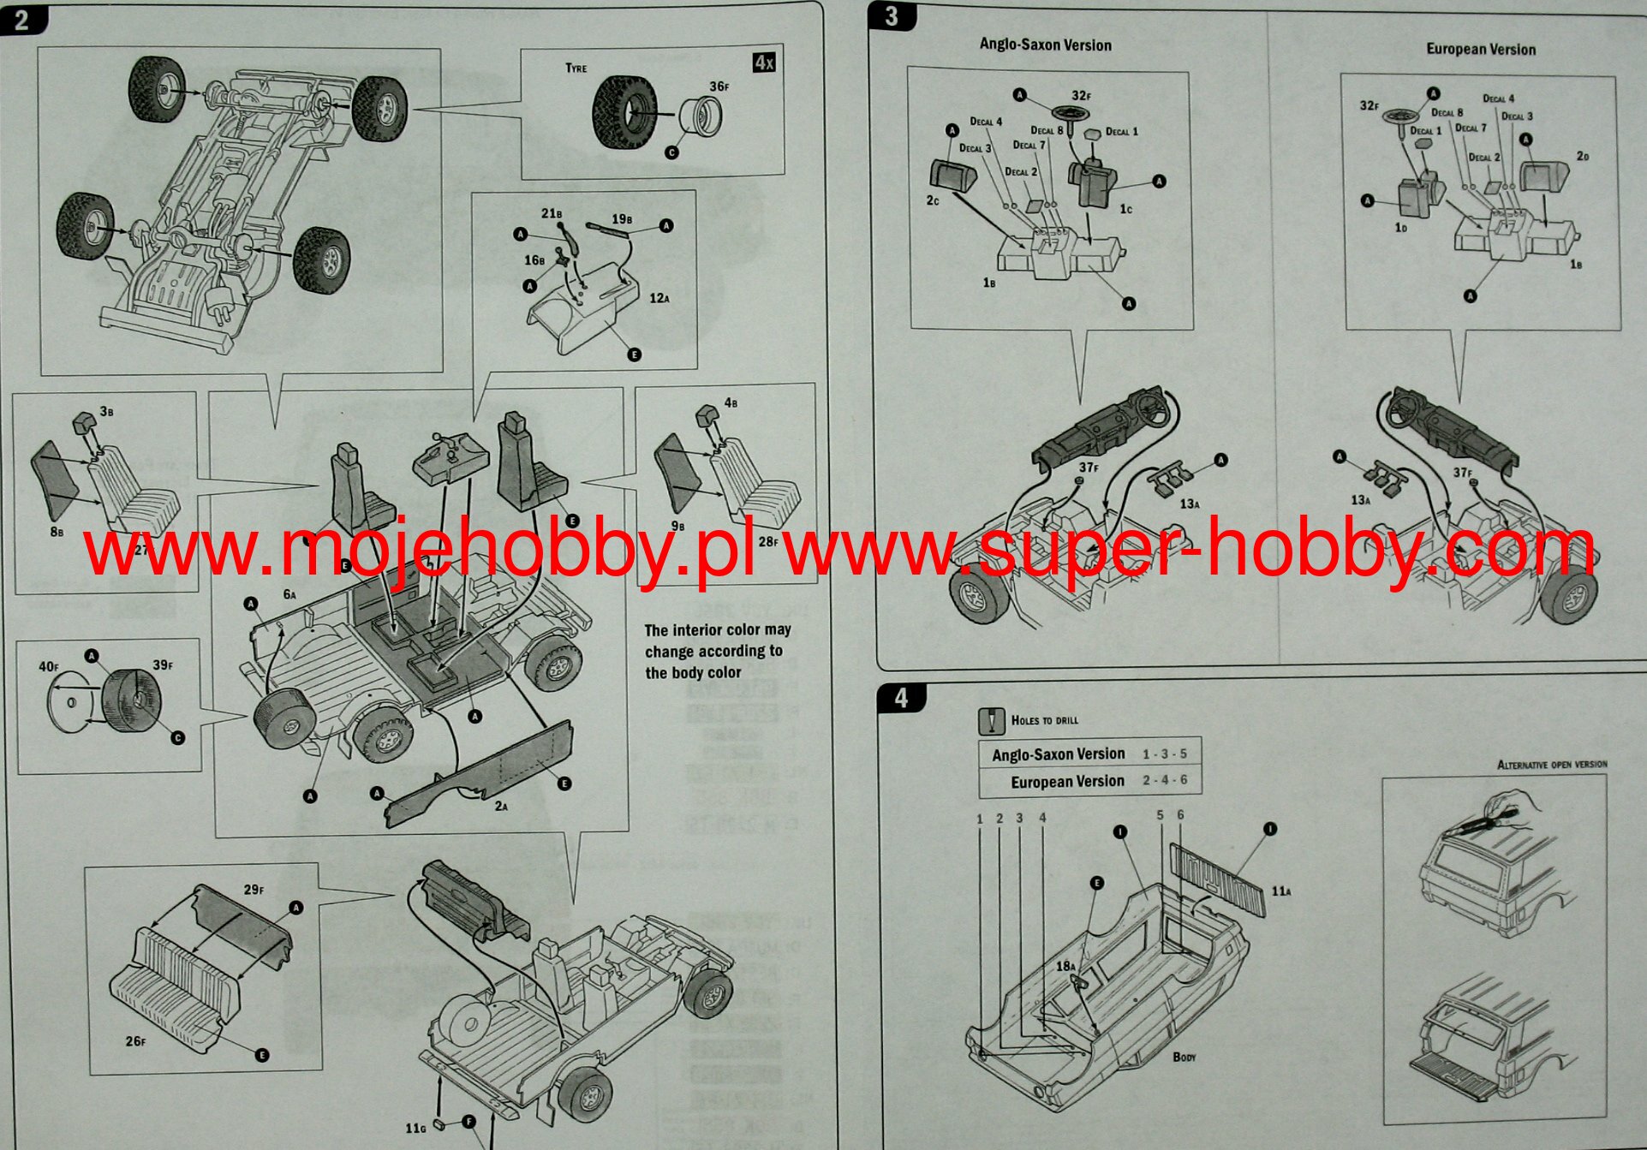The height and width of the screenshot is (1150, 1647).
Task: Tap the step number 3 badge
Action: (892, 16)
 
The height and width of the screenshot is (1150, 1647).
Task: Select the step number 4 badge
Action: (901, 699)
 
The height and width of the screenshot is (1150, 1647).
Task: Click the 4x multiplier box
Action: (764, 63)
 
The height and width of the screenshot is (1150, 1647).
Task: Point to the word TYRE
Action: (576, 69)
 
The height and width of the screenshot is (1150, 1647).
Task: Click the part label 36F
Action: (719, 86)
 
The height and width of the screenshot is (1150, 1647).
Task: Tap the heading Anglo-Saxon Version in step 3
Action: (1045, 45)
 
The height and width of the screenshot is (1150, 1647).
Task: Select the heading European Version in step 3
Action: (1480, 50)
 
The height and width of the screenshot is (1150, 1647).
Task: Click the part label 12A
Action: (659, 298)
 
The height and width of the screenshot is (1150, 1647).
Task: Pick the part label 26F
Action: (135, 1041)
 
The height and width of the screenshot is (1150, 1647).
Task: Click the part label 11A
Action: (1280, 891)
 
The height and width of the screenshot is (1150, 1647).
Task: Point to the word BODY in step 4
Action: (1185, 1058)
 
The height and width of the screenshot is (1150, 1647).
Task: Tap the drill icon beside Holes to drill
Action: (991, 721)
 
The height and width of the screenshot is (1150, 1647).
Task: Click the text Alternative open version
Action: (1552, 765)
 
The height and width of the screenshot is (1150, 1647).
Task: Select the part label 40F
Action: (48, 666)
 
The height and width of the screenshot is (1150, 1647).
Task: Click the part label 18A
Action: (1065, 966)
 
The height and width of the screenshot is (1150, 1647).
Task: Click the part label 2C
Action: (933, 200)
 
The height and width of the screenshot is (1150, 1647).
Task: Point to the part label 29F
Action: (254, 890)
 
